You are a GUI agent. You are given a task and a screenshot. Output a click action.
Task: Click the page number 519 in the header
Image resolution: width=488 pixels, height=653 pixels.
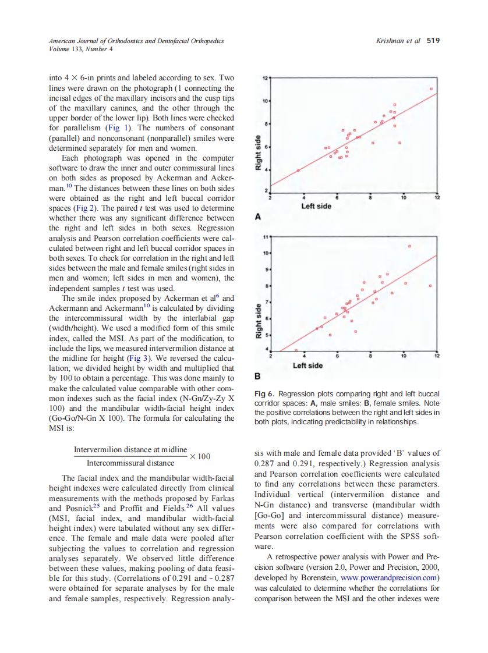433,41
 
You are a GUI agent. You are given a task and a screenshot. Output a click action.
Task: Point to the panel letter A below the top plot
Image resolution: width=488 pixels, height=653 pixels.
258,217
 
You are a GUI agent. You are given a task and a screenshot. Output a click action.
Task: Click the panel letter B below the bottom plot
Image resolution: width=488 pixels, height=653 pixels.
258,376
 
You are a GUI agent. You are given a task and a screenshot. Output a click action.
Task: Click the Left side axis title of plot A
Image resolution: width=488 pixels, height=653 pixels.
316,206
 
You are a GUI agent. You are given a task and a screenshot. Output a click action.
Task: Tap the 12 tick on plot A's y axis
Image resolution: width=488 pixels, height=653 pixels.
265,77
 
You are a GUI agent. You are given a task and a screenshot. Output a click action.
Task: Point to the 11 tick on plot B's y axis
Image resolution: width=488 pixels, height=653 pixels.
265,237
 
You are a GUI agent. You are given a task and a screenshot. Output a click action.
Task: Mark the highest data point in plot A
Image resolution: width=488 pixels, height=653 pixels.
432,89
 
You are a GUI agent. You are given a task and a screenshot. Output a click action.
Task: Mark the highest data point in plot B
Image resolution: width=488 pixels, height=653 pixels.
409,247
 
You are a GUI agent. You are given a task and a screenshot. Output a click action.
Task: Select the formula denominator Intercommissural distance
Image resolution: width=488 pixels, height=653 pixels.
130,463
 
